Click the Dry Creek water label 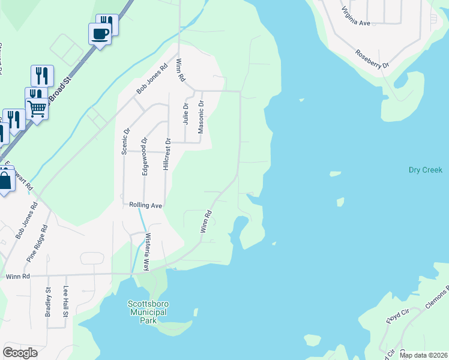[x=425, y=170]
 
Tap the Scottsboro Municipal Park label [x=147, y=312]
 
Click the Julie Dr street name [x=185, y=113]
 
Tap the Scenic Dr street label [x=126, y=142]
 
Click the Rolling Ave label [x=146, y=205]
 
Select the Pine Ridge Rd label [x=37, y=244]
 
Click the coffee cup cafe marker [x=100, y=34]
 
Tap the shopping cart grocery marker [x=37, y=109]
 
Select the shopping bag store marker [x=5, y=181]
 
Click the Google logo [x=20, y=353]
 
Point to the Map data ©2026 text [x=424, y=355]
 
